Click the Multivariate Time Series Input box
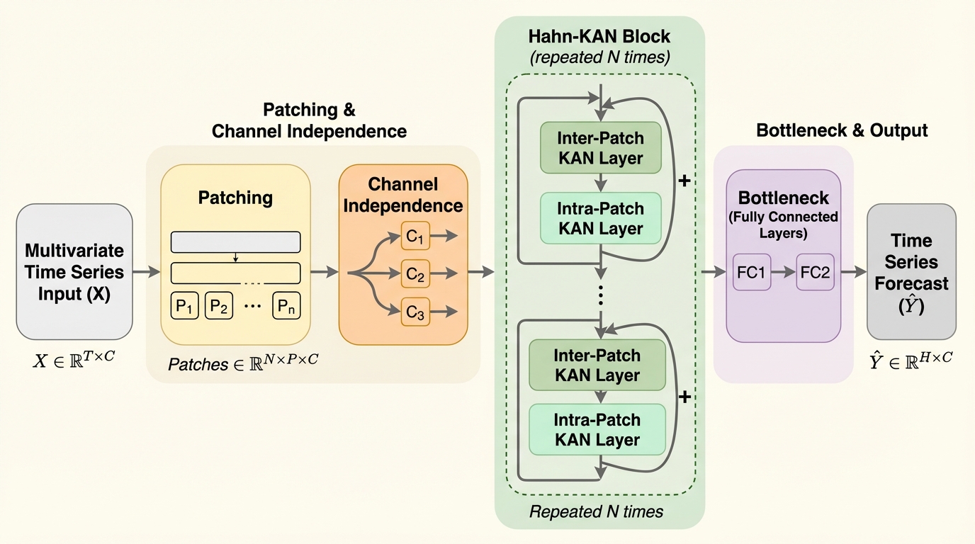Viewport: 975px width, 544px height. coord(74,272)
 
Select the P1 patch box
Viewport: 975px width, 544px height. coord(184,306)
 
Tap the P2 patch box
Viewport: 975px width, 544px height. coord(219,306)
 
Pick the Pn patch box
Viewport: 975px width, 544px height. coord(286,306)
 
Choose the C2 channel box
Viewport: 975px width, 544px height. coord(415,273)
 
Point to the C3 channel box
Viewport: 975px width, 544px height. coord(415,311)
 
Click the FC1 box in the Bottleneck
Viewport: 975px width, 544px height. coord(751,272)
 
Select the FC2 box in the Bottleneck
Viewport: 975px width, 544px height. coord(815,272)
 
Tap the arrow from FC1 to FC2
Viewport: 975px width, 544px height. coord(783,272)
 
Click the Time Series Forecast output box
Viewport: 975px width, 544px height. coord(911,272)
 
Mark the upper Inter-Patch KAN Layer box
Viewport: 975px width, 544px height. coord(600,147)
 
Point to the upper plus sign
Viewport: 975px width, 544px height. coord(684,181)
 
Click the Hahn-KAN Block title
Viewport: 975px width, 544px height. coord(599,37)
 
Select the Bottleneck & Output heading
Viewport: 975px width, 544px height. coord(842,130)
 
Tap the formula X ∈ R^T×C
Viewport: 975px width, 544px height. coord(74,361)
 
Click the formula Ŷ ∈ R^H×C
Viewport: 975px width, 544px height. coord(911,361)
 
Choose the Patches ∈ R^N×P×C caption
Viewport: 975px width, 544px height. coord(243,364)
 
